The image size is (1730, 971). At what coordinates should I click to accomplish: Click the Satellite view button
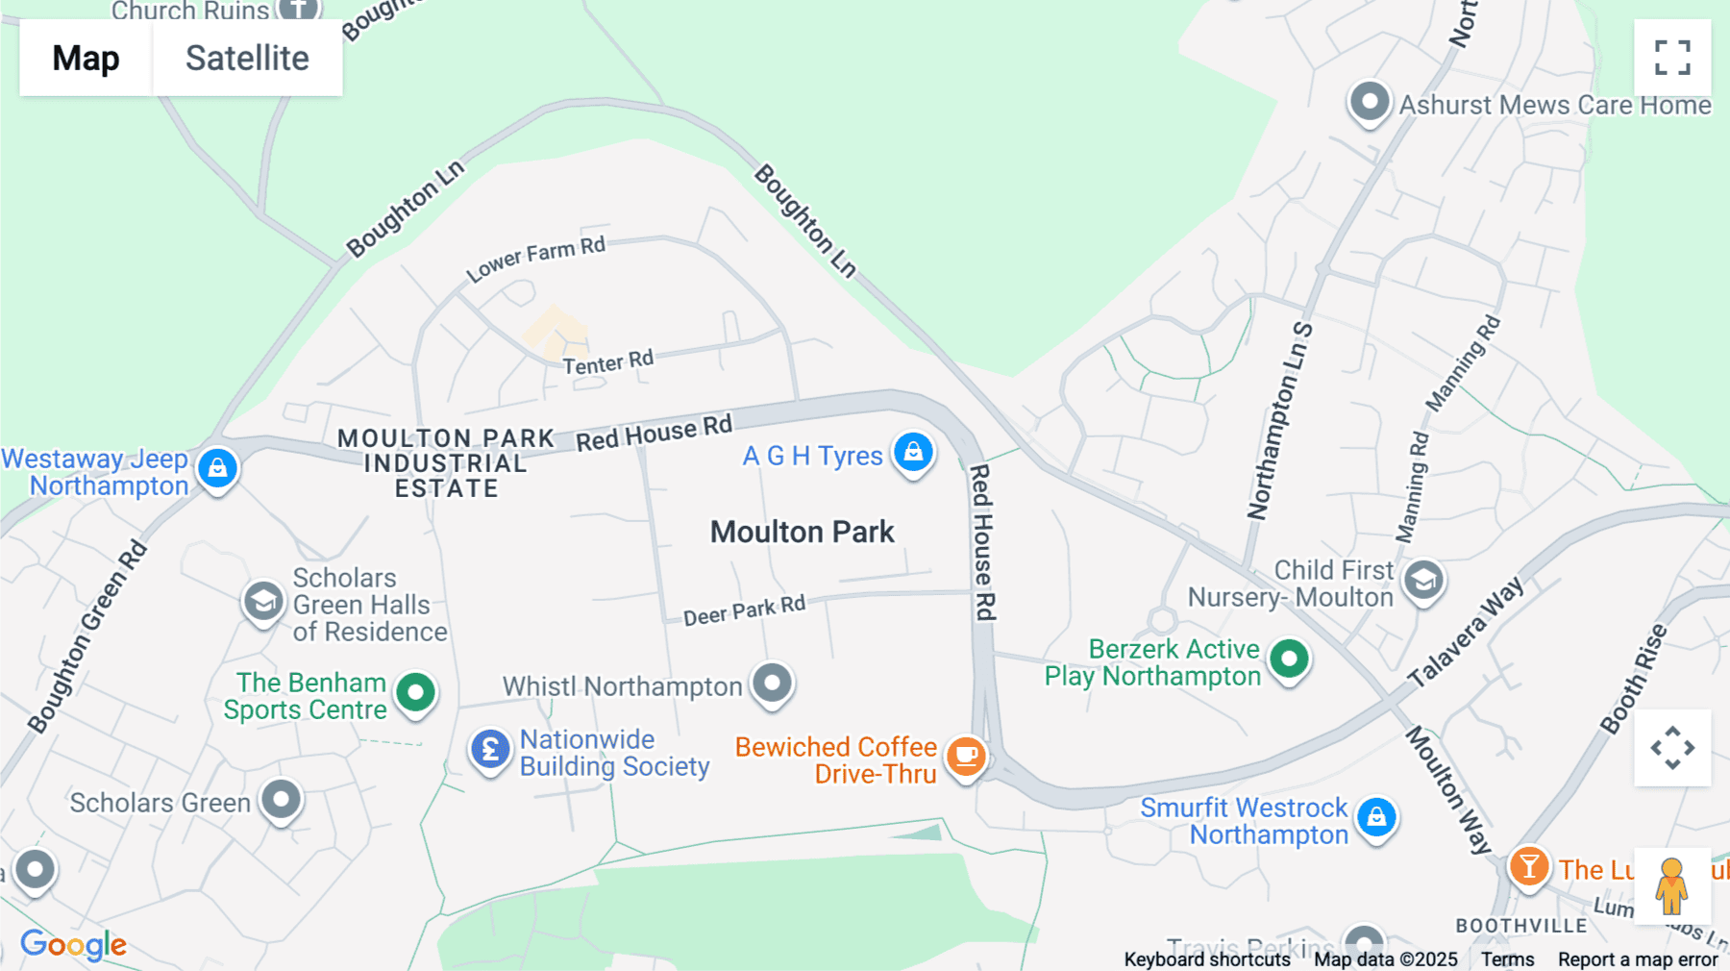247,58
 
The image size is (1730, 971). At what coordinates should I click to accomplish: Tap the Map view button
86,58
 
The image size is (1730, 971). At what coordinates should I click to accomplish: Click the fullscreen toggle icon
1672,58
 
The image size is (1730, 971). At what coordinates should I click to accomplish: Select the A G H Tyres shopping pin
913,451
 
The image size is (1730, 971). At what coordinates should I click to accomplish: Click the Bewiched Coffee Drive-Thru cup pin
966,756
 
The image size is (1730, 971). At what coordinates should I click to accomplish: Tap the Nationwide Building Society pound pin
490,748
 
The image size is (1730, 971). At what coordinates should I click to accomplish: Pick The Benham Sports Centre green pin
416,691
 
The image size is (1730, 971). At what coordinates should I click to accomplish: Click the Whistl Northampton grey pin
772,683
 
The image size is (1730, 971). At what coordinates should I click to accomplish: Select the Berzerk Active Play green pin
1289,659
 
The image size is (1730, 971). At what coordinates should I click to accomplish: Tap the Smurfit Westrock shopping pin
1376,817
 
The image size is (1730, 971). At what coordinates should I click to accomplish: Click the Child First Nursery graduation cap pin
1423,580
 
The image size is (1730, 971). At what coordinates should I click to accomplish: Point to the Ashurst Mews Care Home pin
1370,101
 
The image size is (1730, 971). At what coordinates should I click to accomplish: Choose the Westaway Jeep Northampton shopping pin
218,468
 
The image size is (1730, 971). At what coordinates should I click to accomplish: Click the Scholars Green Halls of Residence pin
262,602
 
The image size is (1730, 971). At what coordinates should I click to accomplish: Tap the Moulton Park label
803,532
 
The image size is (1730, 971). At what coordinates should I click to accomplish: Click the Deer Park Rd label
744,610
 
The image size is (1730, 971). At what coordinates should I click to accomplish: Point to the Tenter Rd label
608,362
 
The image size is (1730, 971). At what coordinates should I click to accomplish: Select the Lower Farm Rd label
536,258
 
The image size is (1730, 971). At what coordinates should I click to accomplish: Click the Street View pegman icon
1671,885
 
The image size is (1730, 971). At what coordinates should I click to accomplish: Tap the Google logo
73,944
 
